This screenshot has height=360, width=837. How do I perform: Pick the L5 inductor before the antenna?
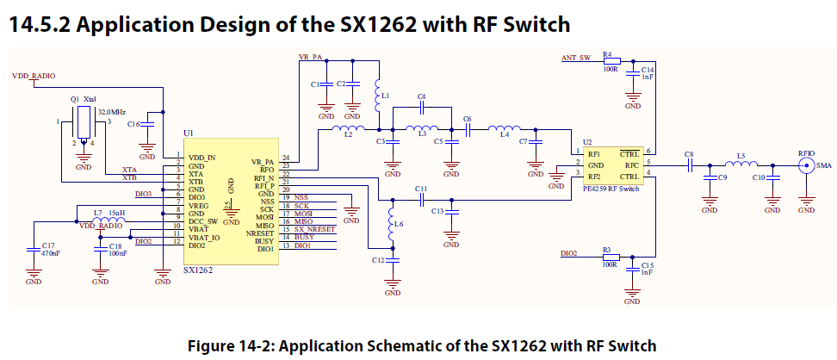coord(740,164)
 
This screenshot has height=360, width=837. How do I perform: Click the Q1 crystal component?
coord(84,123)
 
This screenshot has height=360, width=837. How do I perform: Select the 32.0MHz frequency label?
coord(112,112)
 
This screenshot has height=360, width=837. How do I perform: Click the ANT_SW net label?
coord(575,57)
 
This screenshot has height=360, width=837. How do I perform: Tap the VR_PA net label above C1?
coord(310,56)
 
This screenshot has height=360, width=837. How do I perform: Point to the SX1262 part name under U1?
coord(197,270)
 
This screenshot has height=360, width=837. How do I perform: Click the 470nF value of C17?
coord(50,255)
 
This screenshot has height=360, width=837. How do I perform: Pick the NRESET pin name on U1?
coord(262,231)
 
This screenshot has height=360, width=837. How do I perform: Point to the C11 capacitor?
coord(420,197)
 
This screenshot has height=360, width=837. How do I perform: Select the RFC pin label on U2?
coord(630,164)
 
